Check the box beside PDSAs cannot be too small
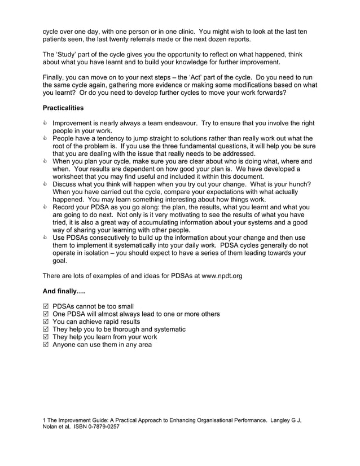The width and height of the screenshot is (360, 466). point(46,307)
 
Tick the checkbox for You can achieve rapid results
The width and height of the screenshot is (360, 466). point(46,322)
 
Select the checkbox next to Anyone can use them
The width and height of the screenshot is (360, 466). point(46,345)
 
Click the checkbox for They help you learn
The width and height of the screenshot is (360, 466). point(46,337)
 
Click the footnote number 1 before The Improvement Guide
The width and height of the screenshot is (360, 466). point(44,420)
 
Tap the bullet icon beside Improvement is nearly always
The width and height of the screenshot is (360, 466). point(46,123)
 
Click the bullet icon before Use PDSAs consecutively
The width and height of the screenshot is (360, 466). point(46,238)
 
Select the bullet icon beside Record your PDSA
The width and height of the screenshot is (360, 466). point(46,207)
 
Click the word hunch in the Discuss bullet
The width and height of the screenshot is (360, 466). point(299,184)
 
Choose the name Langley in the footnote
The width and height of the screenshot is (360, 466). point(281,420)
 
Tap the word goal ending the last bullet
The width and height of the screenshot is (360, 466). point(60,261)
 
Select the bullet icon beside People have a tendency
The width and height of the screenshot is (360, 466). point(46,138)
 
